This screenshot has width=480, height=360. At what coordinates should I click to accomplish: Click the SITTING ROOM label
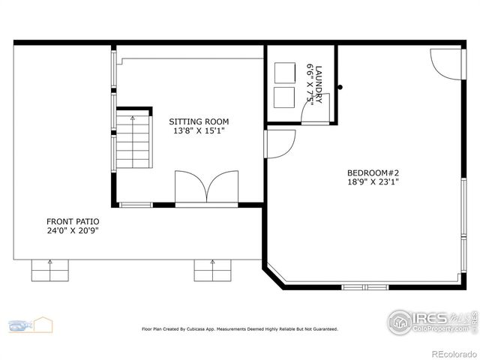click(x=199, y=121)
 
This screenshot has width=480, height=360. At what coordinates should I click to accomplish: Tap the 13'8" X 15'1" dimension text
click(x=199, y=131)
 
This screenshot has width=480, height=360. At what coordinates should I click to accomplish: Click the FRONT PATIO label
click(x=73, y=221)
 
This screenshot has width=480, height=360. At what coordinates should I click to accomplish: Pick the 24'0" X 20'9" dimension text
click(x=73, y=231)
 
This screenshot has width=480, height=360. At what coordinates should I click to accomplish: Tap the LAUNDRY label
click(x=319, y=82)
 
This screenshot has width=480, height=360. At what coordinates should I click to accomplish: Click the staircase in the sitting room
click(x=133, y=140)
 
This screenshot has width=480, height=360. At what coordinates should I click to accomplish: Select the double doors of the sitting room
click(x=206, y=187)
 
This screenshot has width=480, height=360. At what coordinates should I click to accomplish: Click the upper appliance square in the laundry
click(x=285, y=73)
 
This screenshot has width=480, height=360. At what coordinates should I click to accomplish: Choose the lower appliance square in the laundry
click(x=285, y=97)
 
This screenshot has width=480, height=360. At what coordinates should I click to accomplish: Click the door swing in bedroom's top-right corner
click(x=445, y=63)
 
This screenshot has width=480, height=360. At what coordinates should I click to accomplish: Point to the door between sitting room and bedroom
click(x=280, y=143)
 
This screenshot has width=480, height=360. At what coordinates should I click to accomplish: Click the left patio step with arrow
click(x=50, y=270)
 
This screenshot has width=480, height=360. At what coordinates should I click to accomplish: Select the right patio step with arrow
click(x=213, y=270)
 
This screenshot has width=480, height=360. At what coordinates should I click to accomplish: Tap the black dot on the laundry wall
click(x=340, y=87)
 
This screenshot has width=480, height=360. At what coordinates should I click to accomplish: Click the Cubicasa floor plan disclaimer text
click(x=240, y=328)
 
